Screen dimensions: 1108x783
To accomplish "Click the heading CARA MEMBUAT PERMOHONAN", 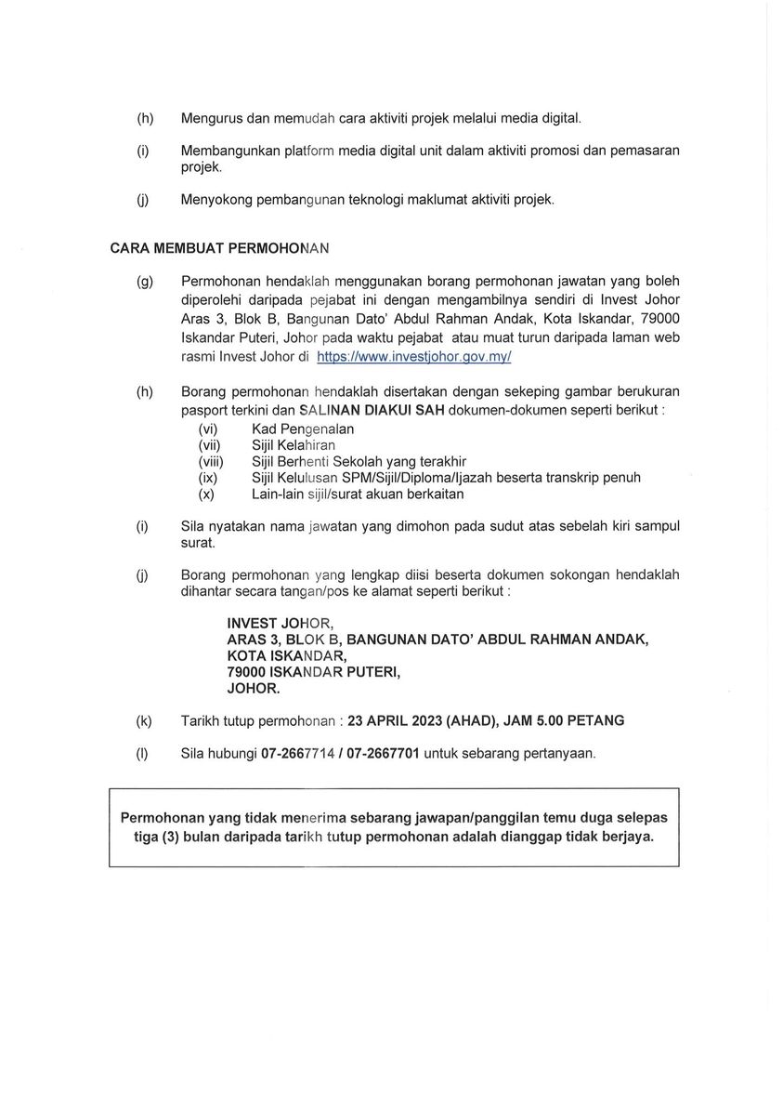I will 220,249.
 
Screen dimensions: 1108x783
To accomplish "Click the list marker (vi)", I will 209,429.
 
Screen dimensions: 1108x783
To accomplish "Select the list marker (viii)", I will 209,461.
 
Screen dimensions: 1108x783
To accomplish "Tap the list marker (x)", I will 207,495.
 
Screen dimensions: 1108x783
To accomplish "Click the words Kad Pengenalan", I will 303,429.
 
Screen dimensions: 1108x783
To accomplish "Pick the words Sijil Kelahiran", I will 294,445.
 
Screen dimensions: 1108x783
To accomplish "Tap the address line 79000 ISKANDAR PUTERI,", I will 313,673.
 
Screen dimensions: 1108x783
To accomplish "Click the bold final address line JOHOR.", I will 254,690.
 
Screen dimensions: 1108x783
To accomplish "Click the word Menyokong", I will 219,199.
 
